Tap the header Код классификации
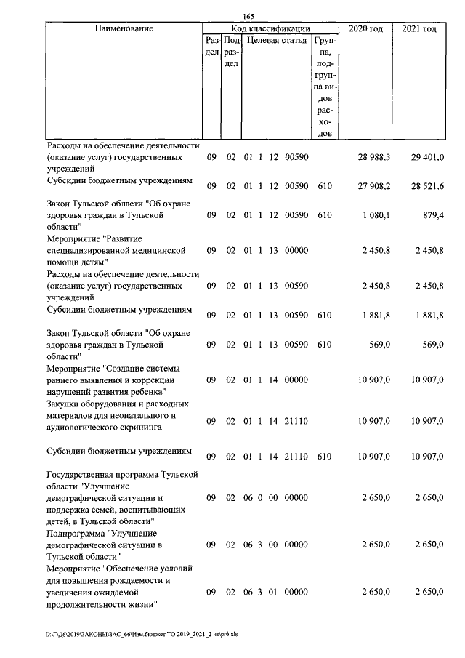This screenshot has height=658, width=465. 270,28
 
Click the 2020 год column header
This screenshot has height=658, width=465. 365,28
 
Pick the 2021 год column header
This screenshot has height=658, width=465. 419,28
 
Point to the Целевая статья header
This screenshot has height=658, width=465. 276,41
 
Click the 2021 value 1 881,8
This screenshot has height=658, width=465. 428,315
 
